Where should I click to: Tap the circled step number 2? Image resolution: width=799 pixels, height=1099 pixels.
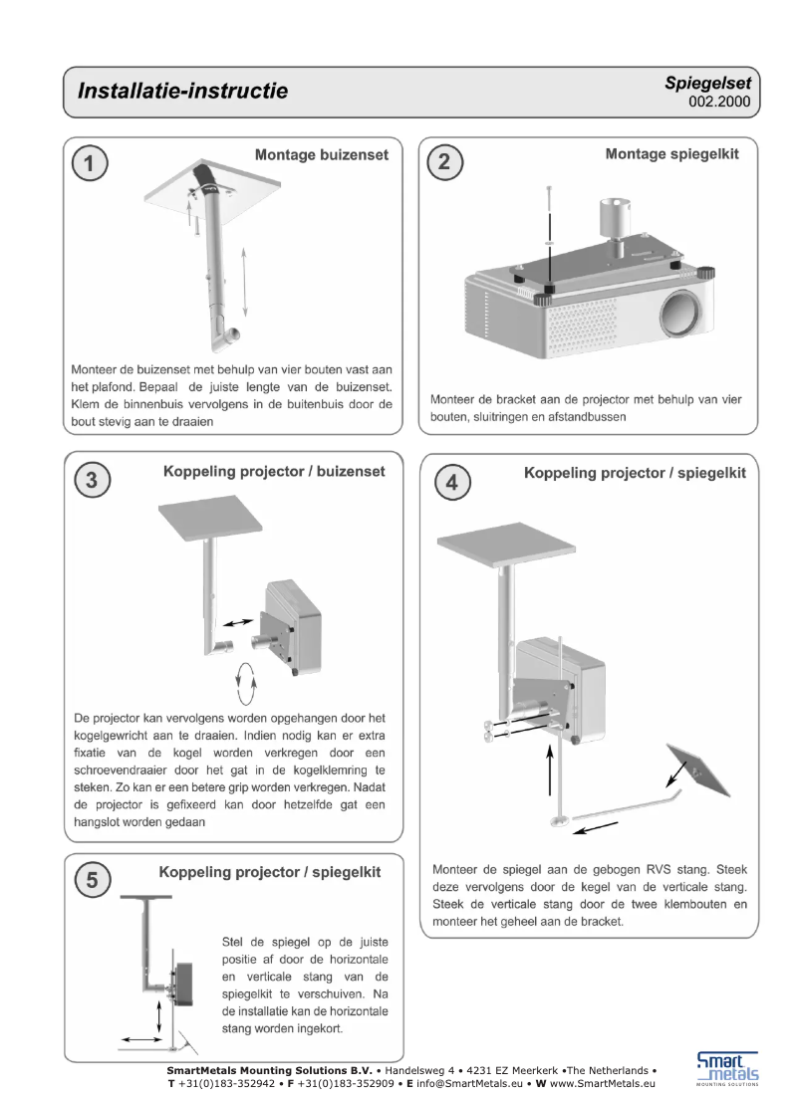(x=445, y=164)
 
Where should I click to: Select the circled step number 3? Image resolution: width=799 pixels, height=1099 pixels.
(x=91, y=481)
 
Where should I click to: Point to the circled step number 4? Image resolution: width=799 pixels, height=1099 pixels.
(x=452, y=483)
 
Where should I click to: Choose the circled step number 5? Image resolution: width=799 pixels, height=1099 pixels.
(x=91, y=880)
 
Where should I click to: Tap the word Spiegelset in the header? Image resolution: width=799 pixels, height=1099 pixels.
(x=707, y=84)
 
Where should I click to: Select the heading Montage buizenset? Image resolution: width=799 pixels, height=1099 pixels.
(x=322, y=155)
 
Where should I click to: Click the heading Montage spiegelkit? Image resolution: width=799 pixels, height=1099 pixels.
(x=672, y=154)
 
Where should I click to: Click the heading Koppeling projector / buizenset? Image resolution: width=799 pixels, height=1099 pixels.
(x=274, y=472)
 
